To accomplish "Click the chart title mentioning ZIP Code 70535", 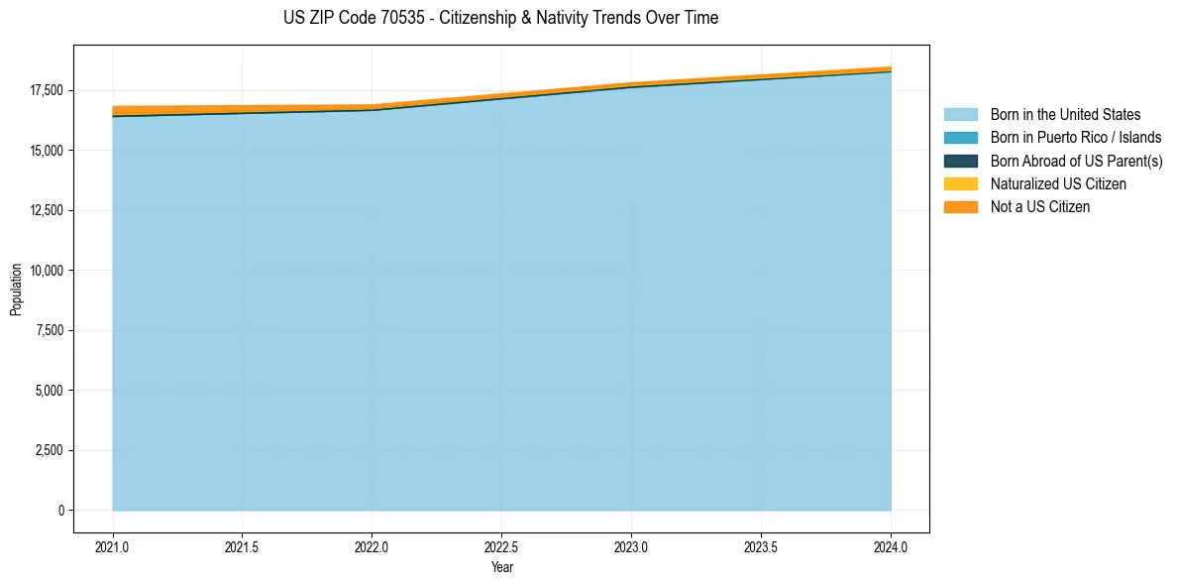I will pos(500,18).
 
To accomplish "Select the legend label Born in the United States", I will pos(1065,115).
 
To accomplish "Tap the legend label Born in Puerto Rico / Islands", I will pos(1076,138).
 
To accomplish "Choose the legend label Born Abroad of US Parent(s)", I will pos(1076,161).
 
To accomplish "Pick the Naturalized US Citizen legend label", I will pos(1058,184).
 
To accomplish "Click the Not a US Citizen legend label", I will pos(1040,207).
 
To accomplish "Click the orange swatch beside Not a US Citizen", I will pos(960,207).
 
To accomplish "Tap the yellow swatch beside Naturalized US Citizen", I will pos(960,184).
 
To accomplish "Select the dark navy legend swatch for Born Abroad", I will pos(960,161).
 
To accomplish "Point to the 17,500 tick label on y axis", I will pos(46,90).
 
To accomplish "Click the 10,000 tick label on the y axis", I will pos(46,271).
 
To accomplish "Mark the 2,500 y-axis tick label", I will pos(49,450).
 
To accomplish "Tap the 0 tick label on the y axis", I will pos(60,511).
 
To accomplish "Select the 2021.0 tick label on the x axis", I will pos(113,546).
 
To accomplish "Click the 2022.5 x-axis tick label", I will pos(501,546).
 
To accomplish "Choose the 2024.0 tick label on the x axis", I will pos(891,546).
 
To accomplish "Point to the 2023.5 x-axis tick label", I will pos(761,546).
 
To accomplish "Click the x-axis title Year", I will pos(501,568).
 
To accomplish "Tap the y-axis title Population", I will pos(16,290).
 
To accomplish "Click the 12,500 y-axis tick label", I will pos(46,210).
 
